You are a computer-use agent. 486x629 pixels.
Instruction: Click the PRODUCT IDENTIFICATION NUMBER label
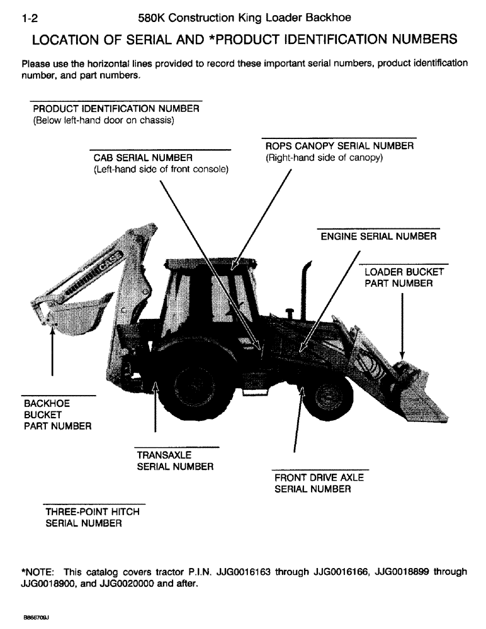[116, 108]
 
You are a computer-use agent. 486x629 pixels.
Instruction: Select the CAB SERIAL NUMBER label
[143, 157]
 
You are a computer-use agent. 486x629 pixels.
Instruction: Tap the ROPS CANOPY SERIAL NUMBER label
[339, 146]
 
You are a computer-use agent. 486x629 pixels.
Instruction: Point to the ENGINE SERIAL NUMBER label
[378, 237]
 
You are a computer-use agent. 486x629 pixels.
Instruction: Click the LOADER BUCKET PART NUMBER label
[404, 277]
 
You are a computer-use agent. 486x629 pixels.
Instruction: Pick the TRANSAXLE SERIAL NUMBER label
[174, 460]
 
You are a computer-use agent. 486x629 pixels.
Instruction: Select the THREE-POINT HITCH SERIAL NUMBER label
[92, 517]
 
